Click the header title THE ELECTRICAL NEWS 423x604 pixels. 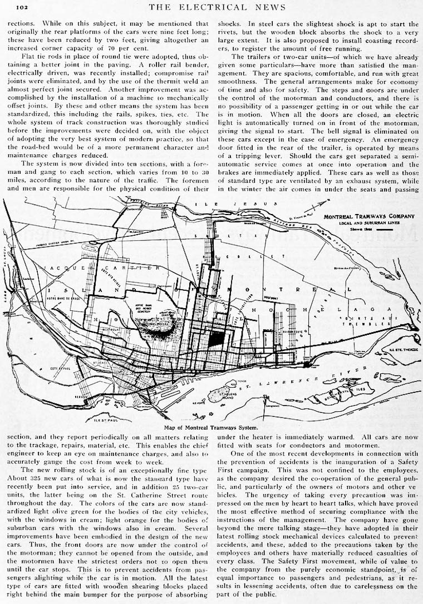click(217, 7)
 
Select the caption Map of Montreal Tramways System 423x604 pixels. click(211, 427)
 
